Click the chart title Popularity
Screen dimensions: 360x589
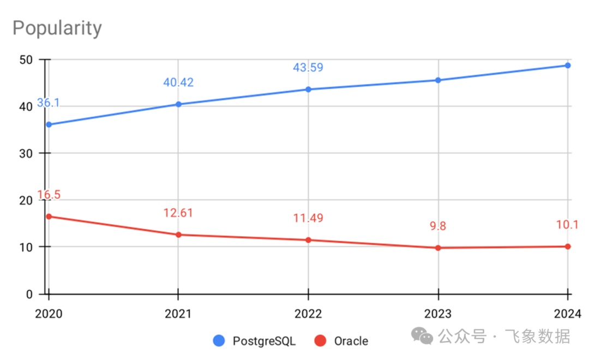click(x=57, y=28)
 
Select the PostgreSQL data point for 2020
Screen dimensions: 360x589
click(x=49, y=124)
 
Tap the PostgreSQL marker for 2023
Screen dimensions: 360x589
click(x=438, y=80)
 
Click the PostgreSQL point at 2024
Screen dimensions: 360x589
click(x=568, y=65)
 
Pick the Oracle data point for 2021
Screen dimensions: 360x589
click(x=178, y=235)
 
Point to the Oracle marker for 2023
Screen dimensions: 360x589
click(x=438, y=248)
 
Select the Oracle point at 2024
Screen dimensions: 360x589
click(x=568, y=247)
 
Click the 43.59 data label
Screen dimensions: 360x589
click(x=308, y=68)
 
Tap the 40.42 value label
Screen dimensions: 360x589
click(x=178, y=83)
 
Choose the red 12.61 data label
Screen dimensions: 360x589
click(x=178, y=213)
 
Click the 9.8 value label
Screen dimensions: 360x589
click(x=438, y=226)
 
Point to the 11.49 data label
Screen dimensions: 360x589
click(x=308, y=218)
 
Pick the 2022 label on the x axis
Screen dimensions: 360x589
click(x=308, y=314)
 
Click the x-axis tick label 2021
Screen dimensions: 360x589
click(x=178, y=314)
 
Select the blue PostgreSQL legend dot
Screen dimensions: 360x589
click(x=219, y=341)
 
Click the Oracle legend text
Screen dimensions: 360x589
click(x=351, y=341)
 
